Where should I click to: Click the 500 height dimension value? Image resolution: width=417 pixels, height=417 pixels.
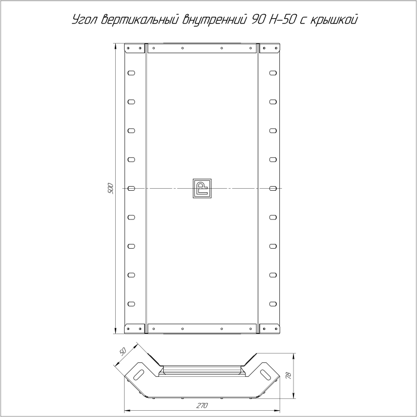(111, 188)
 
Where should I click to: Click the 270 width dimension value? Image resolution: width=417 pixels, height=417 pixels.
(202, 406)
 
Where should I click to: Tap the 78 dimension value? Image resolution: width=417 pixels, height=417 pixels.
(289, 375)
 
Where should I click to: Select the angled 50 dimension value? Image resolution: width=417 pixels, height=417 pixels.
(122, 352)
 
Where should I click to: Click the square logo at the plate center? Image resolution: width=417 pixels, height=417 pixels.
(202, 188)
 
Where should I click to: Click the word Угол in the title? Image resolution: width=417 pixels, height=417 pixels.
(85, 20)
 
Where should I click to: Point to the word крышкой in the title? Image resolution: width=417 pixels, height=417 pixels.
(334, 20)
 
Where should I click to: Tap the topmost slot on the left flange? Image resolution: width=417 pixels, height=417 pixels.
(131, 73)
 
